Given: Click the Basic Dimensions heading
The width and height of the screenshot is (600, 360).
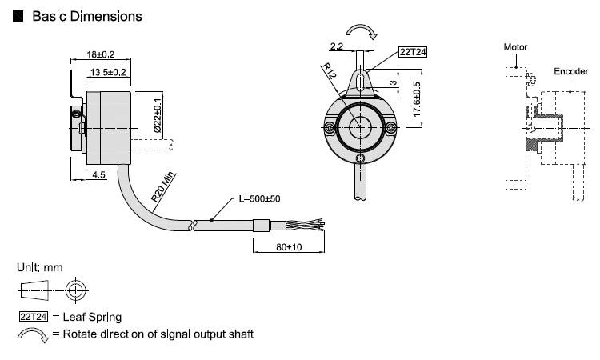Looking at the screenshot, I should click(x=86, y=15).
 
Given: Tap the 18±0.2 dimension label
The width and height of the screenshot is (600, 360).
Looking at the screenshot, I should click(x=102, y=55).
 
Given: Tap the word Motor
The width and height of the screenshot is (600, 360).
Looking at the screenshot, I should click(x=515, y=47).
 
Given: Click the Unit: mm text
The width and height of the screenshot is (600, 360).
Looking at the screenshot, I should click(x=39, y=266).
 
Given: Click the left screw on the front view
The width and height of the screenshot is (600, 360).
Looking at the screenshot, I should click(x=330, y=128).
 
